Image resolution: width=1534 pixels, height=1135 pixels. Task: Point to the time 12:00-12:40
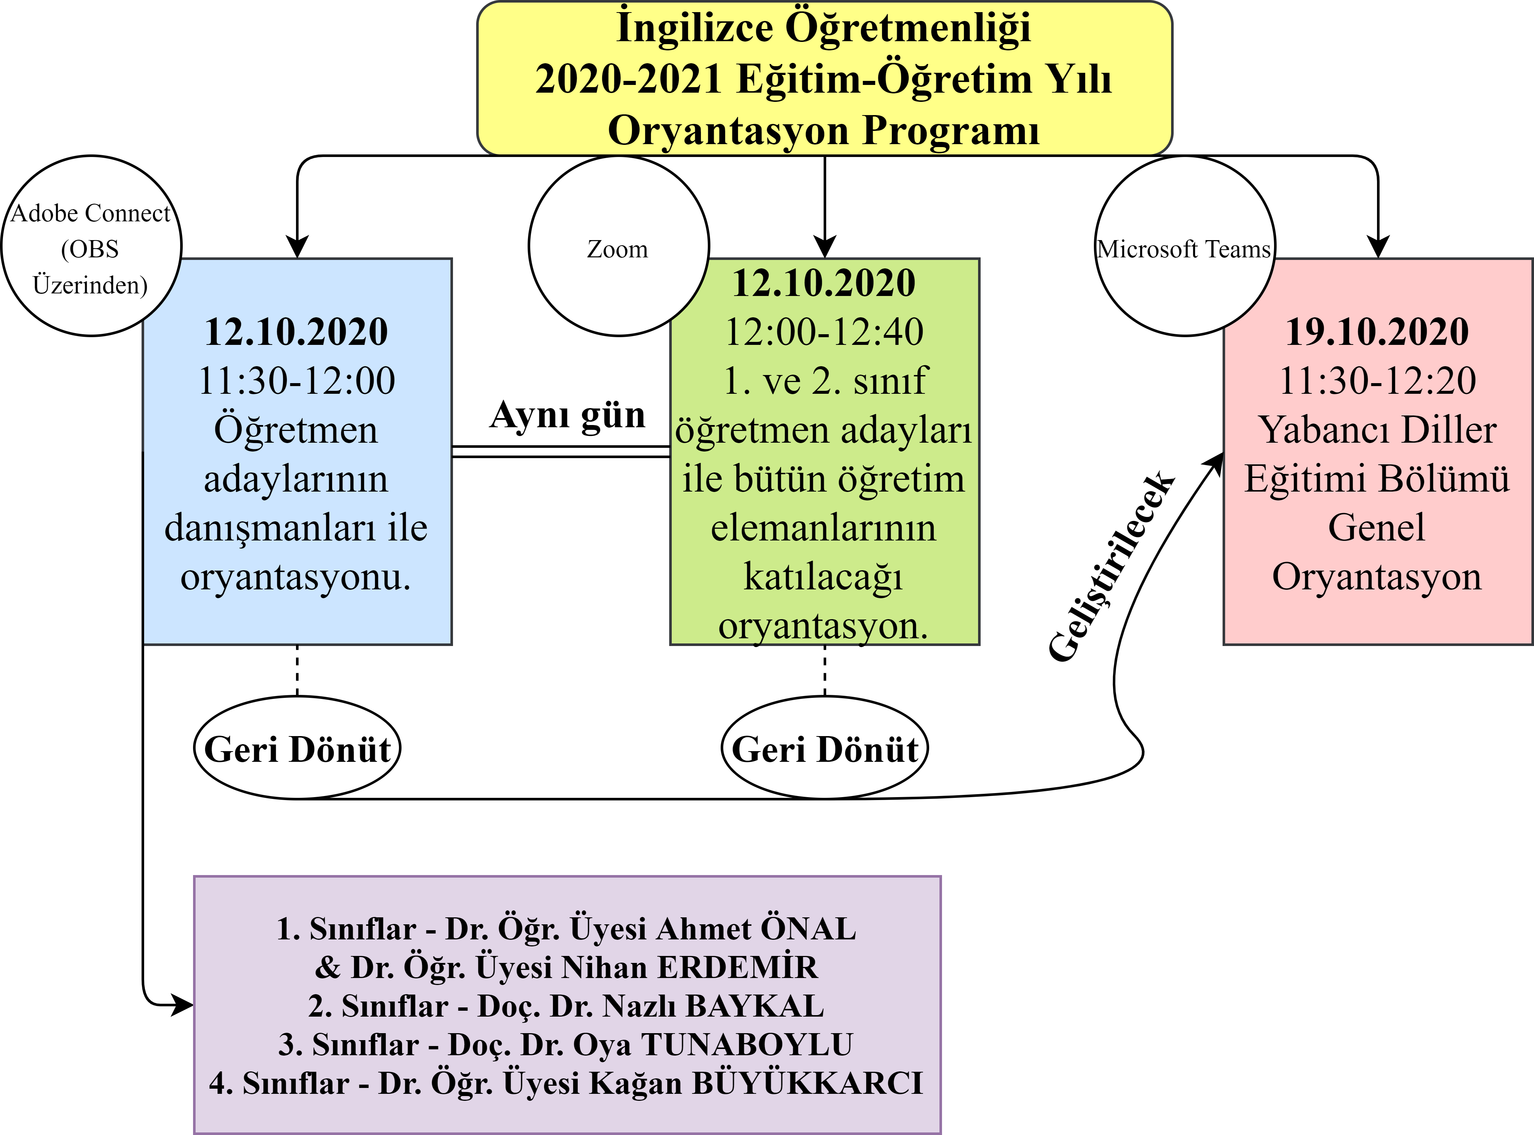[824, 332]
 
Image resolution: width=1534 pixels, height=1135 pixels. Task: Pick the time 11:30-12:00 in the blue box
[297, 381]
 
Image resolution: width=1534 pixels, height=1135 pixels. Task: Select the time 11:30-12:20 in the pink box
[1377, 381]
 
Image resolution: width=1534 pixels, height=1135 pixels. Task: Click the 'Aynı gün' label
[567, 415]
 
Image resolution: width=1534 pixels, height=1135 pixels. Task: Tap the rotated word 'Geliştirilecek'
[1111, 567]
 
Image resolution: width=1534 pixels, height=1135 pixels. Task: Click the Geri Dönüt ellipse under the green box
[824, 748]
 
